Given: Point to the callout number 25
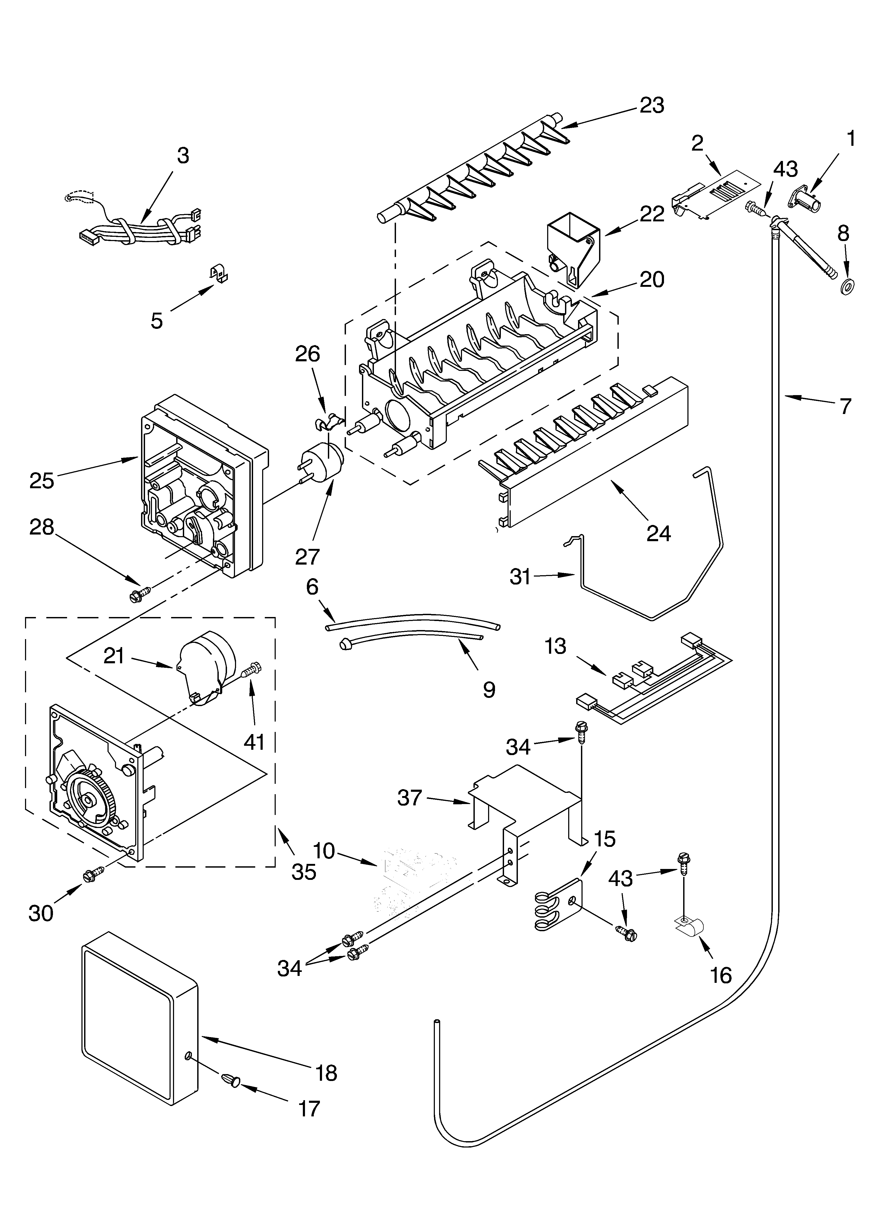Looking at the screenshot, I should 42,481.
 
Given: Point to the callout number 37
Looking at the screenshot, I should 410,798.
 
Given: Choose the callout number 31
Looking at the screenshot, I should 520,577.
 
